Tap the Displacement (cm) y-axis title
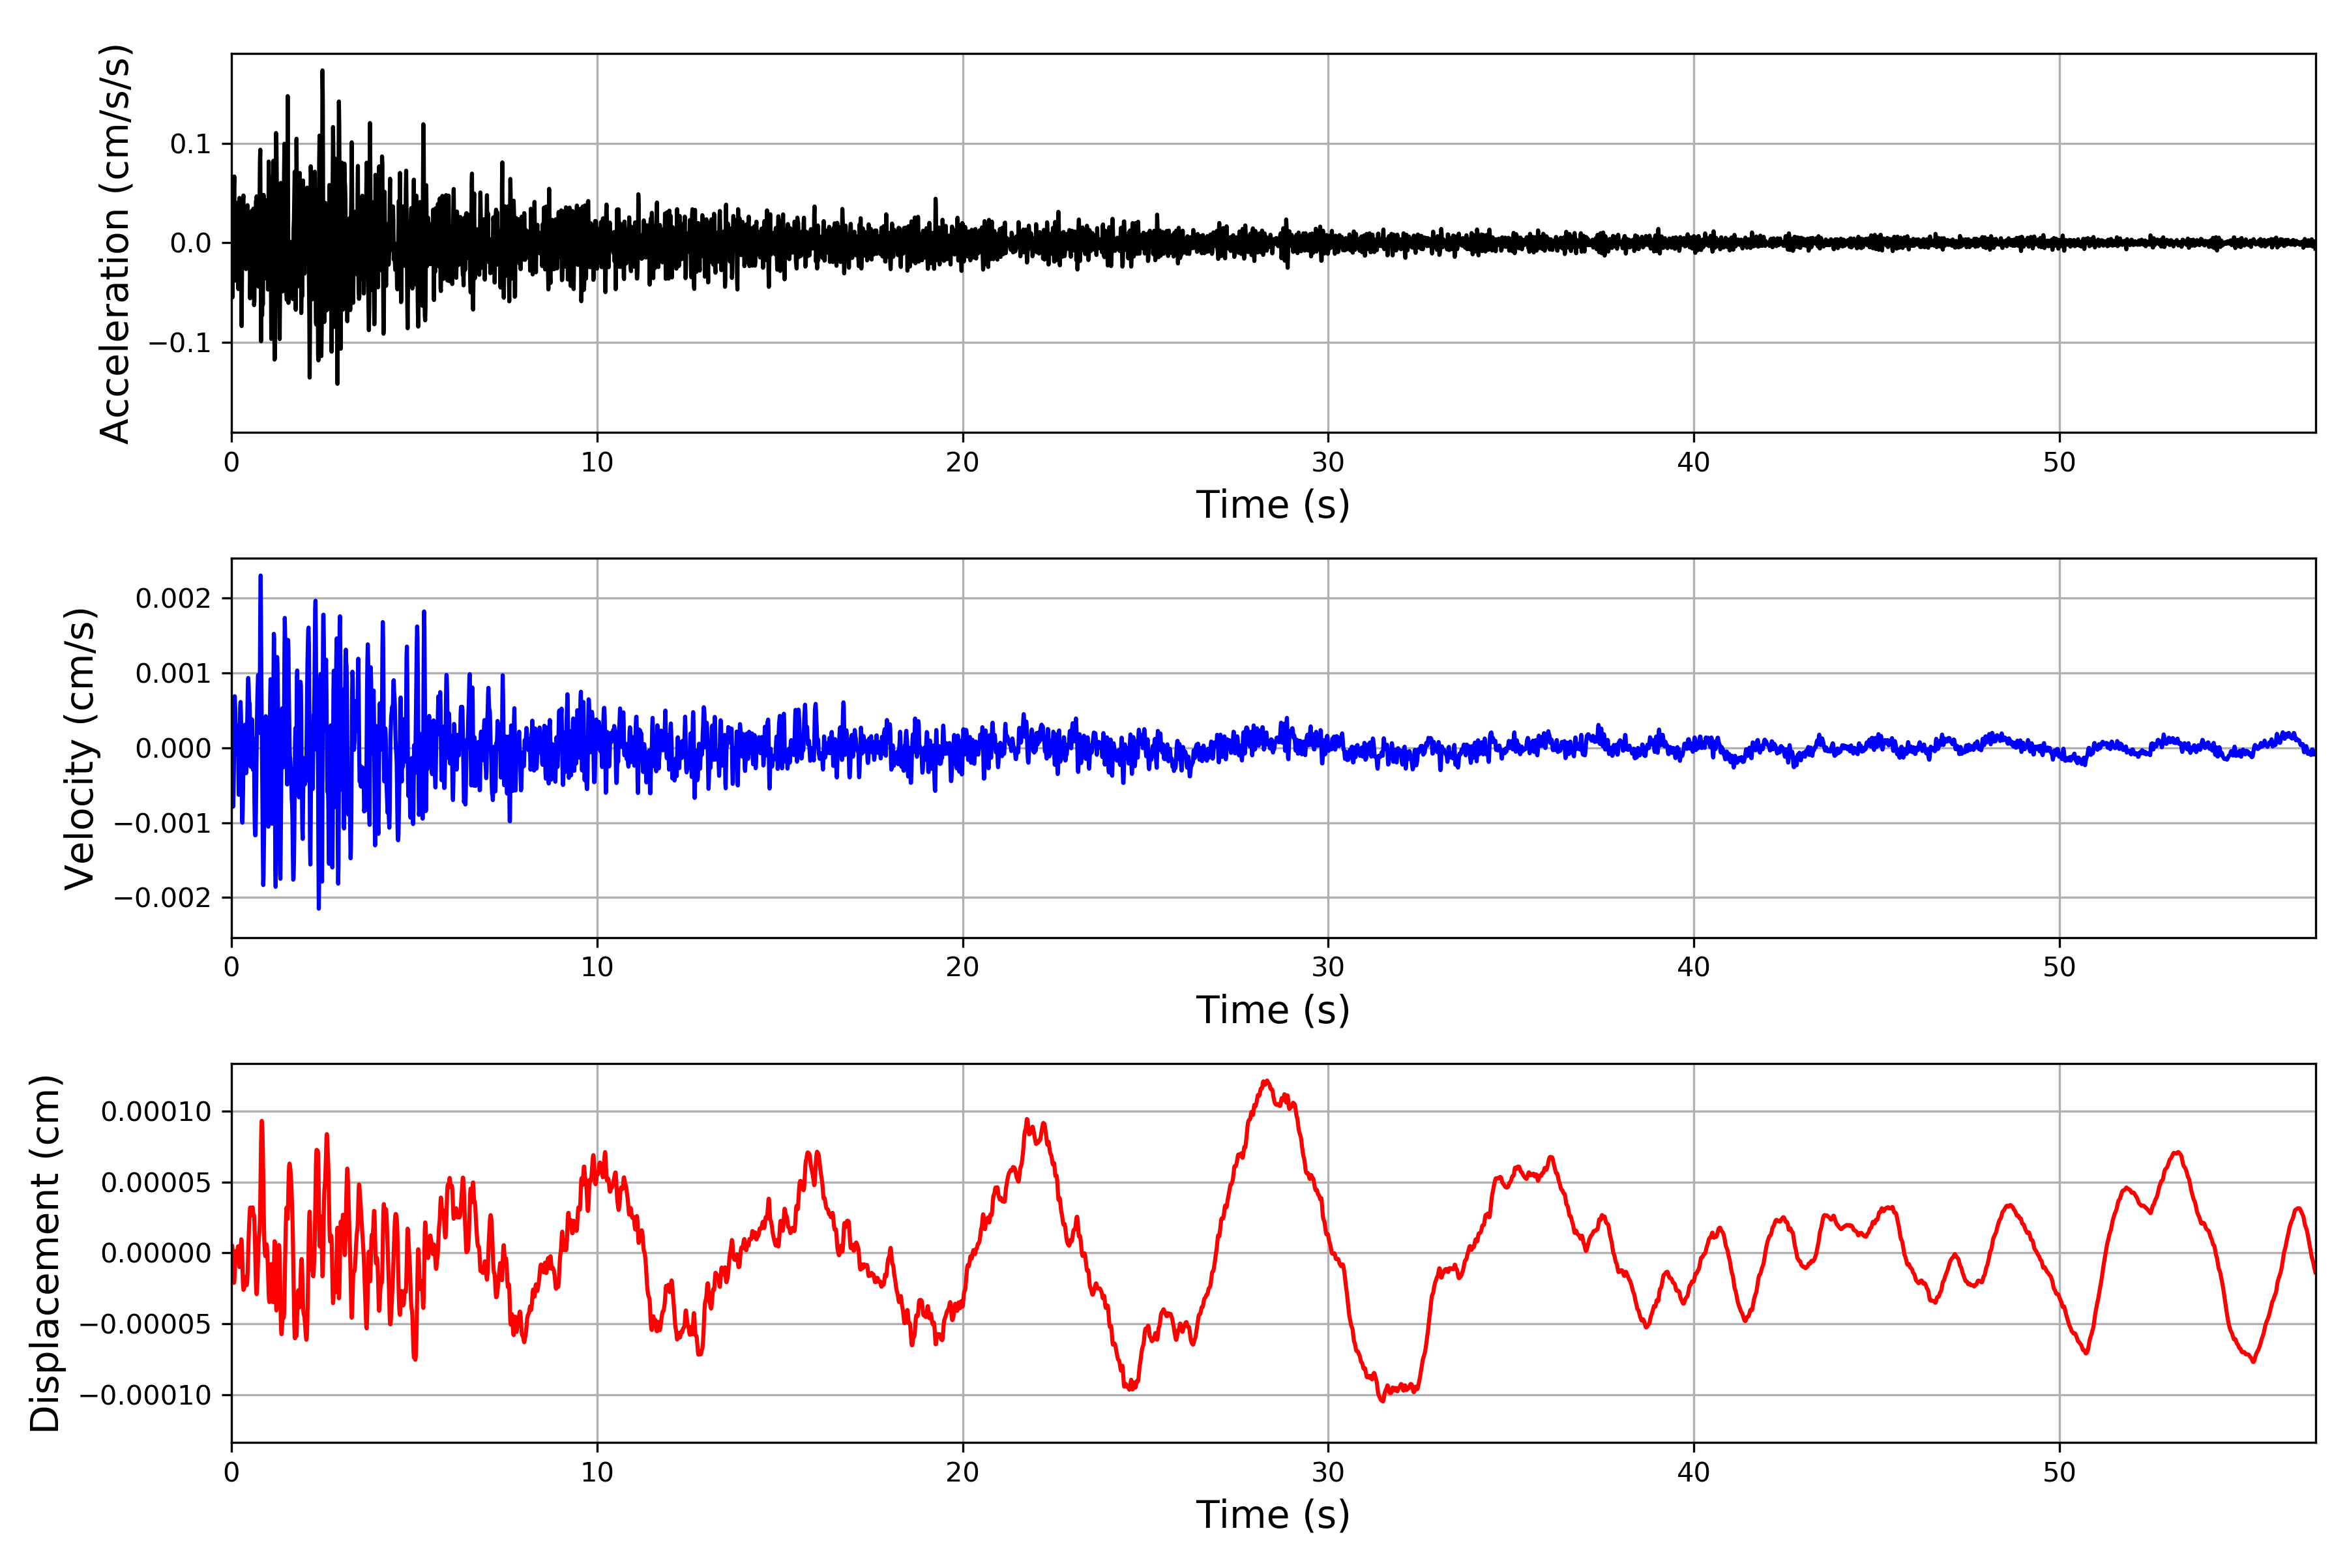[45, 1253]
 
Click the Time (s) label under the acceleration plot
[1273, 505]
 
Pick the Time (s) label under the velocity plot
[1273, 1010]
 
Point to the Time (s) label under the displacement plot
[1273, 1515]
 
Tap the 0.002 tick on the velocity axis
[173, 599]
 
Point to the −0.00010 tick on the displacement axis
[147, 1395]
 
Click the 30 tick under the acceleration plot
[1328, 463]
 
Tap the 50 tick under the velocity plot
[2059, 967]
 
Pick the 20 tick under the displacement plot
[963, 1472]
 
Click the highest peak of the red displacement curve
[1266, 1081]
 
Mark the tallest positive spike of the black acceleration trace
[322, 71]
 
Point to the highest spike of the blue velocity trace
[260, 576]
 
